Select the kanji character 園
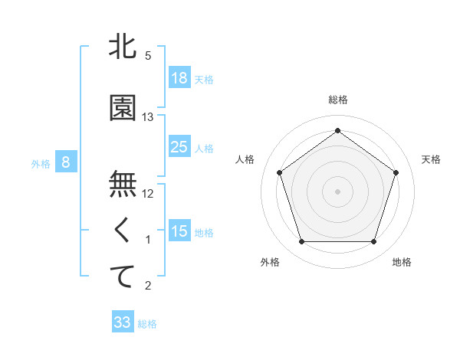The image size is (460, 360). [123, 108]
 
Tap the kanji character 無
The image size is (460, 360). [123, 185]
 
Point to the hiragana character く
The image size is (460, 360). [123, 231]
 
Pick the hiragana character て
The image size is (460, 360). [123, 277]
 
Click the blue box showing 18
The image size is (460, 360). [179, 78]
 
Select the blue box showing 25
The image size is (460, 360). [179, 147]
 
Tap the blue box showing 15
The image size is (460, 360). [179, 231]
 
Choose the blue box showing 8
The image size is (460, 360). [66, 162]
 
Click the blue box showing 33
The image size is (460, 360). [123, 322]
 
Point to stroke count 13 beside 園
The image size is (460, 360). [148, 117]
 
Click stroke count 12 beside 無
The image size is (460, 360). [148, 194]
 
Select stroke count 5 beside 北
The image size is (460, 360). [148, 56]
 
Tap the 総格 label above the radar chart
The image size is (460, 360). [337, 100]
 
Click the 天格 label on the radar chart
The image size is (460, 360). [432, 159]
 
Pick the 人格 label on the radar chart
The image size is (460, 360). [245, 159]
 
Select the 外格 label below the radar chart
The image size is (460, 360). [270, 263]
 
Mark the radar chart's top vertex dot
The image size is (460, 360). [337, 130]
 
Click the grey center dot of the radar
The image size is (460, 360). [337, 191]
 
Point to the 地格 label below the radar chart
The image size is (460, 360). [402, 263]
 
